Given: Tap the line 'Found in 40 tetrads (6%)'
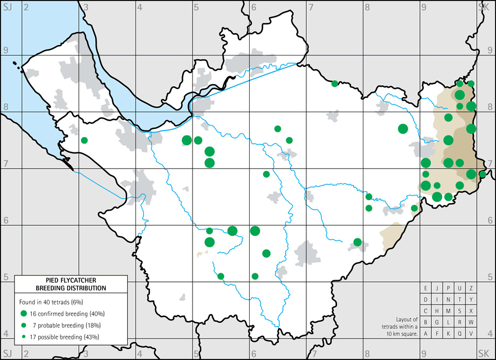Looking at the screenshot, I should (51, 302).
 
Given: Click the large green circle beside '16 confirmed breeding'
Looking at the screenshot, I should (24, 314).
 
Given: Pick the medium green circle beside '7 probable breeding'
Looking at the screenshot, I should (24, 326).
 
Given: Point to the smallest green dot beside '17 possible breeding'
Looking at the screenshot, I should (24, 337).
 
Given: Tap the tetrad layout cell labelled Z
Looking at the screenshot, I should (471, 288).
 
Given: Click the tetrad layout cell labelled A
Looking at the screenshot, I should (426, 334).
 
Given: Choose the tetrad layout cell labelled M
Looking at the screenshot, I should (449, 311).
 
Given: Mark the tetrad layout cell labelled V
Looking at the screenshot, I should (471, 334).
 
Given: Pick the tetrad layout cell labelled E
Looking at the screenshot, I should (426, 288).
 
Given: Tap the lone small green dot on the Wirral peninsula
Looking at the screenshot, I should (84, 140).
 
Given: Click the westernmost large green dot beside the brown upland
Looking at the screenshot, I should (403, 128).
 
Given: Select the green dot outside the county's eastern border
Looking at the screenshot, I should (482, 174).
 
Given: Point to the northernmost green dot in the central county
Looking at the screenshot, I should (335, 83).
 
